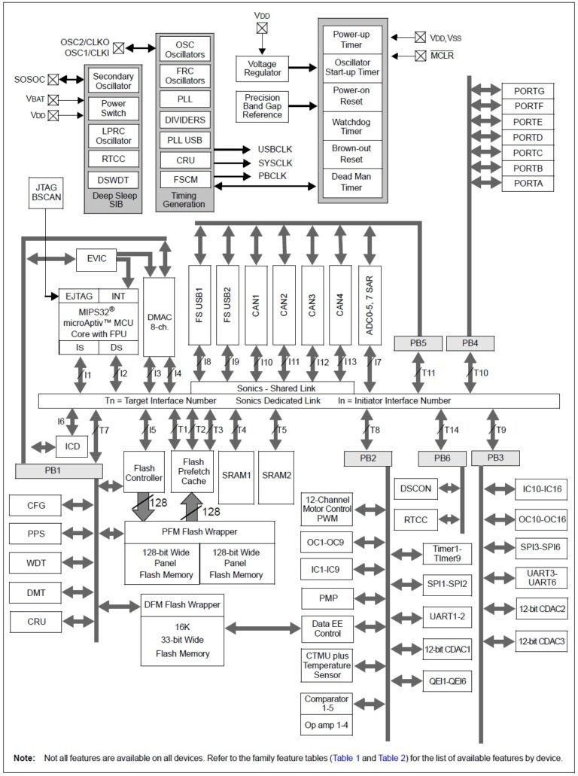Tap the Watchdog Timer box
pos(352,126)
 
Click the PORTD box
pos(528,138)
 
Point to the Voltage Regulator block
pos(262,68)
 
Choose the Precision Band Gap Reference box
pos(262,107)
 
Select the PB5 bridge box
pos(418,343)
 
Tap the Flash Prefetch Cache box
pos(193,471)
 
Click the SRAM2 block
pos(276,476)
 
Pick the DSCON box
pos(415,488)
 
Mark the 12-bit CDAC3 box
pos(541,642)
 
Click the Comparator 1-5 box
pos(326,704)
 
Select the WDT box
pos(36,563)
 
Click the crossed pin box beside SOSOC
pos(53,79)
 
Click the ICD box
pos(71,447)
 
